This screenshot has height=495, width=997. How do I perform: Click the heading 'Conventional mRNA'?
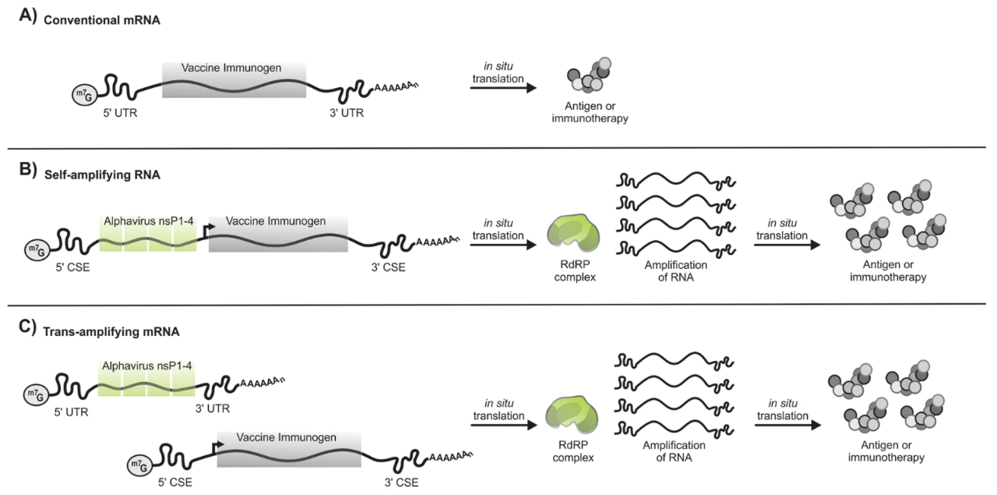[x=102, y=20]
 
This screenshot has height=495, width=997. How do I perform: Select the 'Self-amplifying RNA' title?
[x=102, y=175]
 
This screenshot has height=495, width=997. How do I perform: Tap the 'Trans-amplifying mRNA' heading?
[x=111, y=331]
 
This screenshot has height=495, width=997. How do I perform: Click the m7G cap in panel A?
[x=85, y=94]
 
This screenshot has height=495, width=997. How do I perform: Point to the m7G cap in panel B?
[x=37, y=250]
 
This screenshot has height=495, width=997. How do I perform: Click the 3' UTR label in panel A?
[x=347, y=113]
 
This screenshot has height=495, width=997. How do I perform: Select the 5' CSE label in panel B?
[x=72, y=267]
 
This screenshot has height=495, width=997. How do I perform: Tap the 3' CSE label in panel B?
[x=388, y=267]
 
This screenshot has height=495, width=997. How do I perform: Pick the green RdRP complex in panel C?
[x=572, y=415]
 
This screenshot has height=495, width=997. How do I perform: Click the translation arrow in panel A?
[x=503, y=88]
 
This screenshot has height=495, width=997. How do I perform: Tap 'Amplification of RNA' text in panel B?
[x=675, y=271]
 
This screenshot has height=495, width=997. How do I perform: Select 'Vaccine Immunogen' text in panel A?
[x=231, y=68]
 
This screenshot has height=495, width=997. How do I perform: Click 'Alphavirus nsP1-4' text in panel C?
[x=147, y=366]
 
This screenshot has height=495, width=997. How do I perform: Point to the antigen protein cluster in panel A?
[x=588, y=76]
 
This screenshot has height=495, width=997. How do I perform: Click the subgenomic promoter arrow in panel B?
[x=207, y=230]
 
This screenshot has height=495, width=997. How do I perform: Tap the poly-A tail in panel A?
[x=396, y=86]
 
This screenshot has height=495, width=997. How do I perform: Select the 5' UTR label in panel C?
[x=71, y=412]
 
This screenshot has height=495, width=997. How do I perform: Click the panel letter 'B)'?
[x=27, y=170]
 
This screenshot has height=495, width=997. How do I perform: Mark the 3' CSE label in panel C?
[x=401, y=483]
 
